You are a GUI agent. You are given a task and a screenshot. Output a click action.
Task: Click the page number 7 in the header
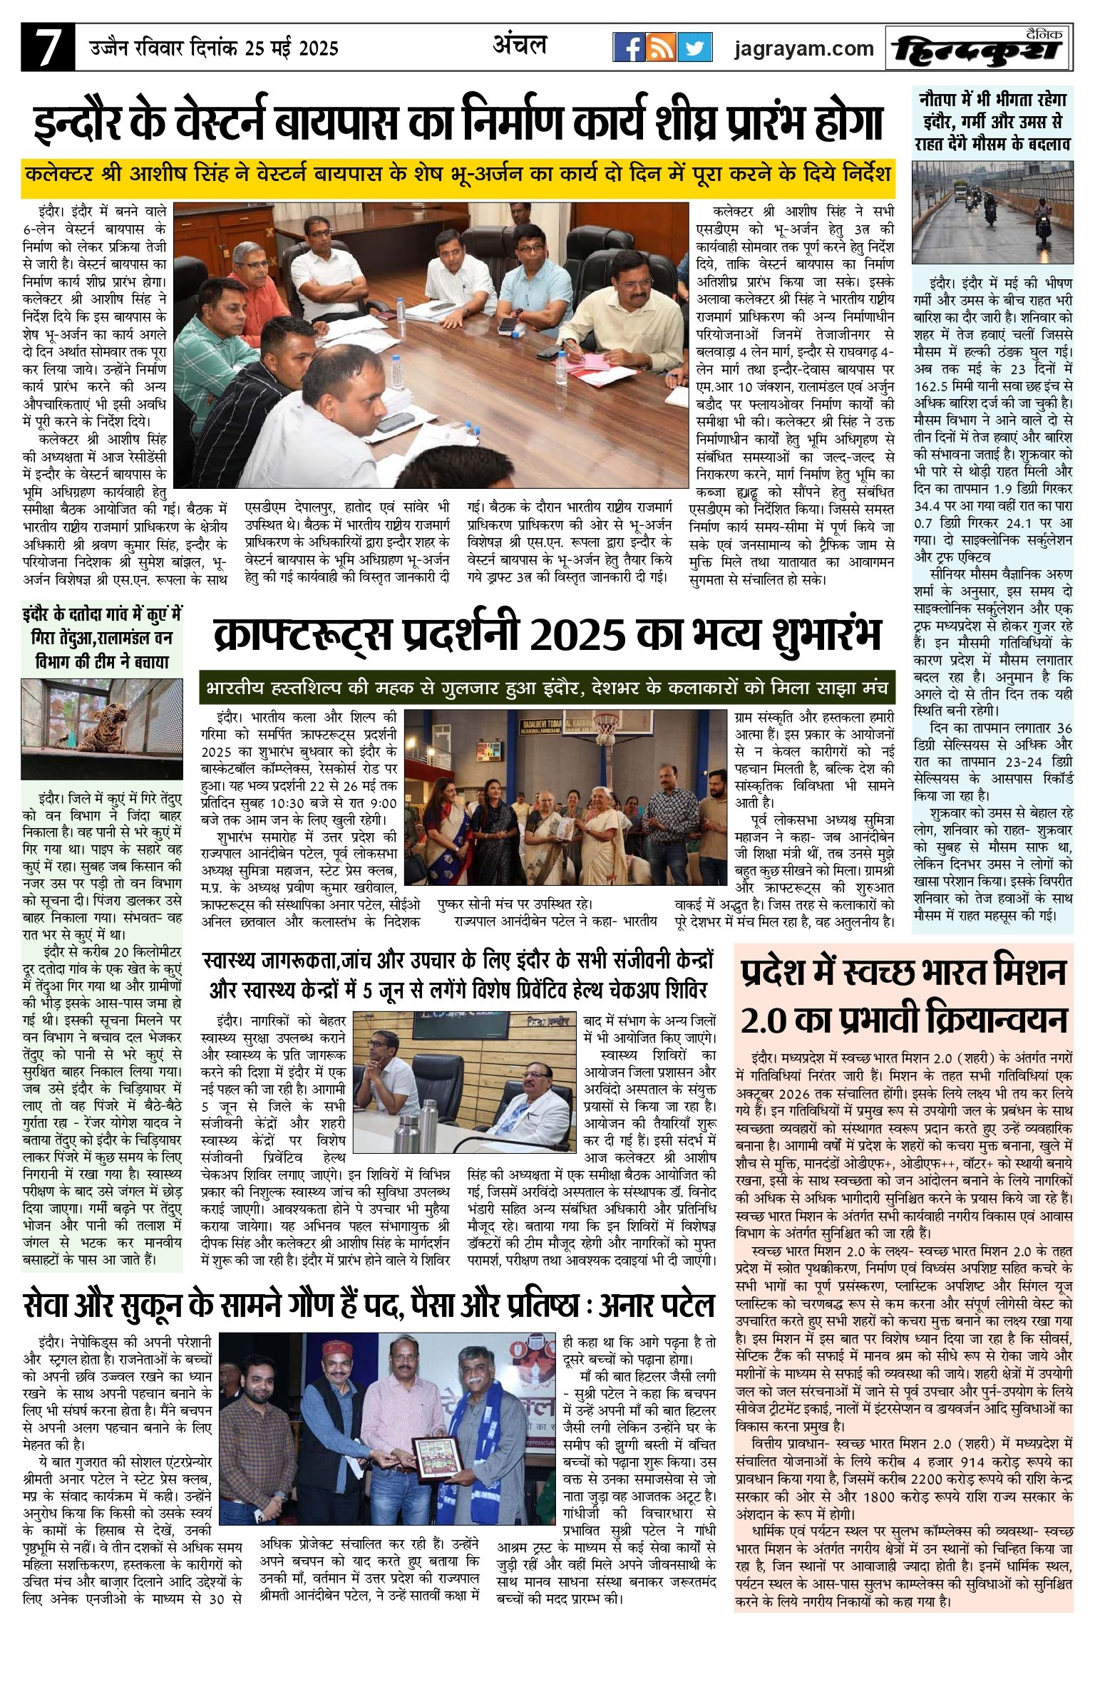tap(47, 47)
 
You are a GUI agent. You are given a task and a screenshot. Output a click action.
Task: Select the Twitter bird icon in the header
tap(694, 48)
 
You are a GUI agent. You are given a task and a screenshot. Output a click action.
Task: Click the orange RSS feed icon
tap(661, 48)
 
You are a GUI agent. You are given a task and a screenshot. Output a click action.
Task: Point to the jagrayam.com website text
tap(804, 48)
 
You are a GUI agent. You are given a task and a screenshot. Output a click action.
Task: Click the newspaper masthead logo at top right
tap(979, 48)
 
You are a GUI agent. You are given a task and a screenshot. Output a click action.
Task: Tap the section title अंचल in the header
tap(520, 45)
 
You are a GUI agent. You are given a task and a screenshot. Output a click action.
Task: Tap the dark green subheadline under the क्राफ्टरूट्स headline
tap(547, 689)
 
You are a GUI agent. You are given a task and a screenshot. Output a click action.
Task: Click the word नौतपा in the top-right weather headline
tap(945, 98)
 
